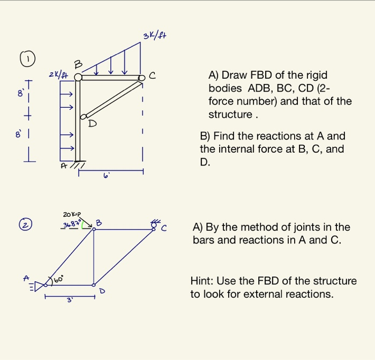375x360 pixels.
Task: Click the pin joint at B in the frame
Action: click(x=78, y=78)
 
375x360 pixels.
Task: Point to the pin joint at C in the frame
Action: click(x=141, y=78)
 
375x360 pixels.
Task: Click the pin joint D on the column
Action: click(x=83, y=117)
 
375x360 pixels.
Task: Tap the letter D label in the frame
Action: click(x=92, y=124)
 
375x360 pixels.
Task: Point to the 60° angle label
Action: click(x=58, y=279)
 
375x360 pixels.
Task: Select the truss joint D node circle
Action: click(x=94, y=284)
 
